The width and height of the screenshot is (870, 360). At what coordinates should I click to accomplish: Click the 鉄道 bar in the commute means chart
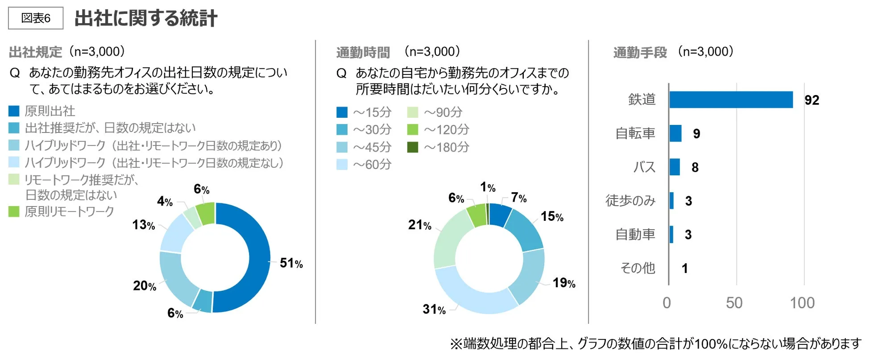tap(731, 99)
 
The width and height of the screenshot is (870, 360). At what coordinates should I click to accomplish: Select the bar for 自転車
tap(675, 133)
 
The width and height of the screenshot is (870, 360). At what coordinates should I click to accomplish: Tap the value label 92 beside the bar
tap(812, 100)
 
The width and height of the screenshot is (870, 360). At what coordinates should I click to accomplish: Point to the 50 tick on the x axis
tap(734, 303)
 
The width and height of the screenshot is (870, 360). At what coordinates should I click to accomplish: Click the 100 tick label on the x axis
tap(802, 303)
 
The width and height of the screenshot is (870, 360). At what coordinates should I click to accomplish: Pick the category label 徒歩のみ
tap(630, 201)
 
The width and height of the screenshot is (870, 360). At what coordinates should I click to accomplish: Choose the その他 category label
tap(638, 268)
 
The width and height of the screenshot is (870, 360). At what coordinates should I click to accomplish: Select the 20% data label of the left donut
tap(144, 286)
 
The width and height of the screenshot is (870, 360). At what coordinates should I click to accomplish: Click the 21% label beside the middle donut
tap(419, 225)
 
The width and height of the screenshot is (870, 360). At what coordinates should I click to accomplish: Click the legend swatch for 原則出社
tap(14, 111)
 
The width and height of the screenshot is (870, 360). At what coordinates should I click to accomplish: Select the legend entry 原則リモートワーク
tap(69, 211)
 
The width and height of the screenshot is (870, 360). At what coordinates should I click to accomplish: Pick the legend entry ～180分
tap(446, 147)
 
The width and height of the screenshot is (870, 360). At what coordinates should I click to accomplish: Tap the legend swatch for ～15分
tap(342, 112)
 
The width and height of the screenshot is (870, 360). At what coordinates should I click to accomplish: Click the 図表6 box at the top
tap(36, 18)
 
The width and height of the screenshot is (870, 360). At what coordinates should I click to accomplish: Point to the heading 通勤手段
tap(640, 52)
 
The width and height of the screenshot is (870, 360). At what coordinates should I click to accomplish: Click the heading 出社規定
tap(35, 52)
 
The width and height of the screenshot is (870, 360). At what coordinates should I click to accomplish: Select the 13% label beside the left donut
tap(143, 225)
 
